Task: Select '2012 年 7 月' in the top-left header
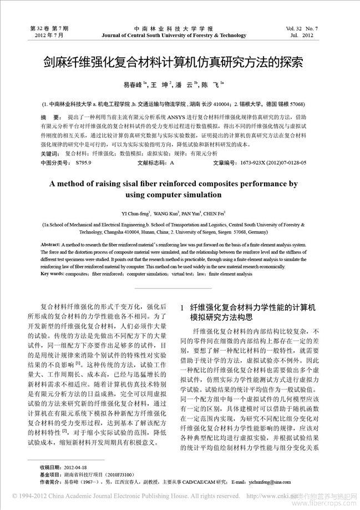click(49, 36)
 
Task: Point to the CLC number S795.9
click(84, 163)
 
